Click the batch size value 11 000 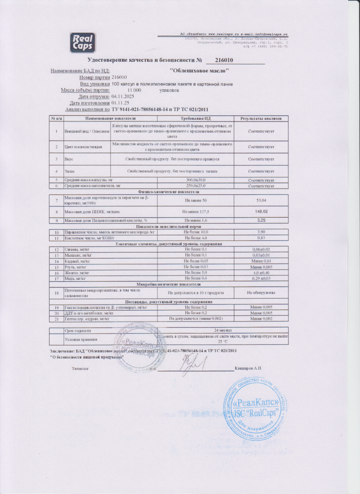point(134,90)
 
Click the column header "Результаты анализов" point(261,118)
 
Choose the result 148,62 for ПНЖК point(261,211)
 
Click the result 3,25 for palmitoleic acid point(261,221)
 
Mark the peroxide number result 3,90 point(261,232)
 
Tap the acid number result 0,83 point(261,238)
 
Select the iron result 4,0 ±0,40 point(261,273)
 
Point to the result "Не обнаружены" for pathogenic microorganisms point(261,293)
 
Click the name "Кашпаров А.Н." point(248,368)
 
